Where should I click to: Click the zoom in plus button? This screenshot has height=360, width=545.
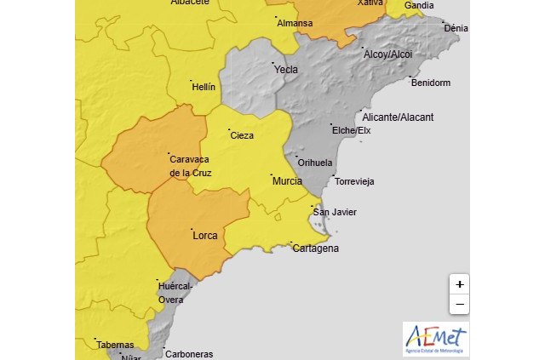(459, 284)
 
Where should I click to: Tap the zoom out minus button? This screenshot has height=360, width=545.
(459, 304)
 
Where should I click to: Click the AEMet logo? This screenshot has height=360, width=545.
(435, 339)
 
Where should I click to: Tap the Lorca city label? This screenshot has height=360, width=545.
(205, 235)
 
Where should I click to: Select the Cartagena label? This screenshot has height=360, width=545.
(315, 249)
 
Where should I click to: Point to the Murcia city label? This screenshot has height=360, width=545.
(286, 181)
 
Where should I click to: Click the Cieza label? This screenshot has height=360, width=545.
(242, 135)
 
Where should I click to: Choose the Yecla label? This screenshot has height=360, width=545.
(286, 70)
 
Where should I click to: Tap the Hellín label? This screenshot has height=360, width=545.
(204, 87)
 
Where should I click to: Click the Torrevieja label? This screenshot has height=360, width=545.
(354, 181)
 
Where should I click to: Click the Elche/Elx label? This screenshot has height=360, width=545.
(351, 130)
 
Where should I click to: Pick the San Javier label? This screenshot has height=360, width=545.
(335, 212)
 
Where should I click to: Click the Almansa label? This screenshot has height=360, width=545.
(295, 23)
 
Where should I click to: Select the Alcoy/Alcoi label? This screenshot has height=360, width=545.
(387, 54)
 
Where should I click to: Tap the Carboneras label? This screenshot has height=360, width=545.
(188, 354)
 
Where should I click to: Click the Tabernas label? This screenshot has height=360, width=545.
(114, 345)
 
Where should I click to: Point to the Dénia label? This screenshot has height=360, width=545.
(456, 28)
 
